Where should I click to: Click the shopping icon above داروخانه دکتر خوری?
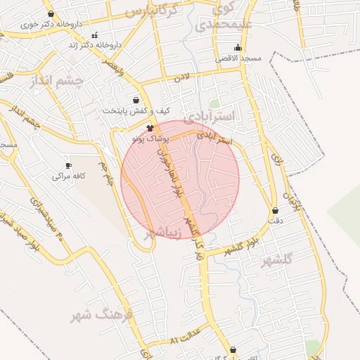pos(50,13)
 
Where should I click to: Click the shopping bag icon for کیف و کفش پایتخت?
pos(136,100)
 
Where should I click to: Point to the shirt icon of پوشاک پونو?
pos(150,127)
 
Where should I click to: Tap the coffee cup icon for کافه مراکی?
pos(68,165)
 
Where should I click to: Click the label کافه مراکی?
pos(68,176)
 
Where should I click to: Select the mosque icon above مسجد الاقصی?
pos(238,48)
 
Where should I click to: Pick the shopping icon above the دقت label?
pos(275,210)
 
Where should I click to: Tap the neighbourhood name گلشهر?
pos(276,261)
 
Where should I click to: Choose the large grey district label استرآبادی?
pos(221,115)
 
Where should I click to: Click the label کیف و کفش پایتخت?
pos(136,110)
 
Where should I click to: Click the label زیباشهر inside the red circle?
pos(165,232)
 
